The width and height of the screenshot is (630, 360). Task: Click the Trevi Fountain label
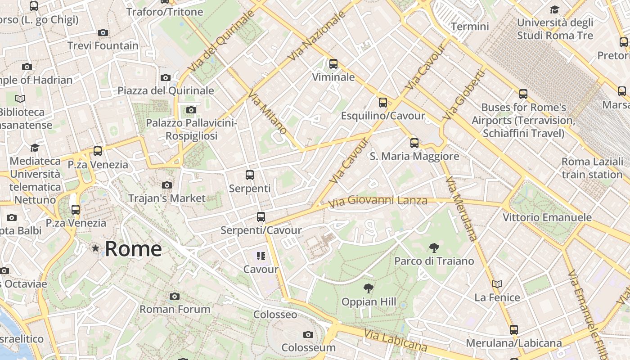pyautogui.click(x=103, y=46)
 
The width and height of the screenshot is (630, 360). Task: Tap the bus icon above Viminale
pyautogui.click(x=333, y=64)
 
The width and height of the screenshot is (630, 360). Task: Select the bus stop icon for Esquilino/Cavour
pyautogui.click(x=382, y=103)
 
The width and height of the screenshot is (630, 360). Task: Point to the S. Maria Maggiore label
pyautogui.click(x=414, y=157)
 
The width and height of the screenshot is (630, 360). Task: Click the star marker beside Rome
pyautogui.click(x=95, y=248)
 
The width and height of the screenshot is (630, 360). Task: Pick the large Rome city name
pyautogui.click(x=133, y=249)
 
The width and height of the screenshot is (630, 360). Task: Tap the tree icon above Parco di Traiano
pyautogui.click(x=434, y=247)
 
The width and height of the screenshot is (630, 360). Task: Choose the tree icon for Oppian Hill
pyautogui.click(x=368, y=288)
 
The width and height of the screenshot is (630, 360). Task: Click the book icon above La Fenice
pyautogui.click(x=497, y=284)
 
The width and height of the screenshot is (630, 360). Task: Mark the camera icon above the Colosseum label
pyautogui.click(x=308, y=334)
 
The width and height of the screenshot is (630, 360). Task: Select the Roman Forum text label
pyautogui.click(x=175, y=310)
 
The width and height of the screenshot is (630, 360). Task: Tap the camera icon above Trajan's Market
pyautogui.click(x=166, y=185)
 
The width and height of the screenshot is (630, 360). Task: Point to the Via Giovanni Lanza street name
pyautogui.click(x=378, y=201)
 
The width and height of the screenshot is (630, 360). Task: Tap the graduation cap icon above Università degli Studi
pyautogui.click(x=554, y=10)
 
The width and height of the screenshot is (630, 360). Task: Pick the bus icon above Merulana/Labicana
pyautogui.click(x=514, y=330)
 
